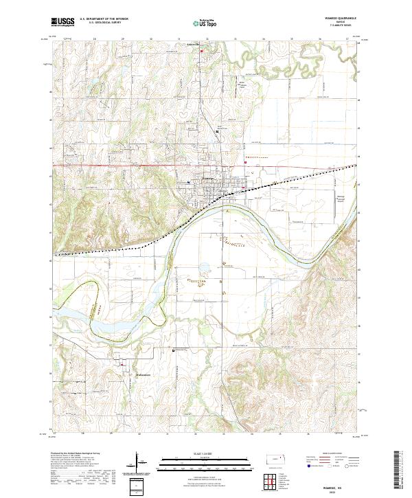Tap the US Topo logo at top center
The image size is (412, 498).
[200, 23]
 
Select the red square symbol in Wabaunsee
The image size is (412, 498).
[122, 365]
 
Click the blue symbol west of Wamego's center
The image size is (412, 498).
[189, 182]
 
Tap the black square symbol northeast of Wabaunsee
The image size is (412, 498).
[173, 351]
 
